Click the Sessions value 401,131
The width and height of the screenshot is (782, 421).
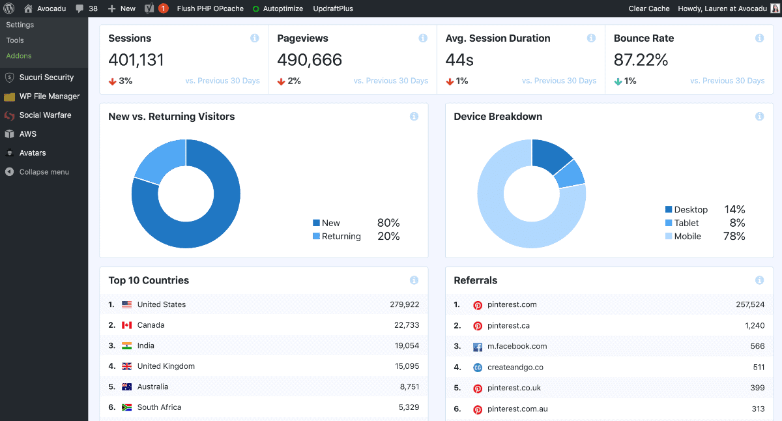136,60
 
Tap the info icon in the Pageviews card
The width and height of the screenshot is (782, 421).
423,38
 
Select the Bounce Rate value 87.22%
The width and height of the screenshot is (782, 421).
641,60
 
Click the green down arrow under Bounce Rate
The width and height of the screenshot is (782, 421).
618,81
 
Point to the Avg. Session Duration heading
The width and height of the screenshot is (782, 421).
497,38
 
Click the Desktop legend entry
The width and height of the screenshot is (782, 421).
686,209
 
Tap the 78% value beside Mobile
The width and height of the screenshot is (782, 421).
734,236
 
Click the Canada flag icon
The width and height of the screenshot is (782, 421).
126,325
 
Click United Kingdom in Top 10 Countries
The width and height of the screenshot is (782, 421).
166,366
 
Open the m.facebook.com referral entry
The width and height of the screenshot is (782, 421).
517,346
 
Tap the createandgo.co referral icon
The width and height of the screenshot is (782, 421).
478,368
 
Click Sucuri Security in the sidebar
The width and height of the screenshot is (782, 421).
46,77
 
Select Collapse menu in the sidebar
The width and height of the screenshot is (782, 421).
44,172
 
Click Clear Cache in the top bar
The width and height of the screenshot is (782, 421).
648,8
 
